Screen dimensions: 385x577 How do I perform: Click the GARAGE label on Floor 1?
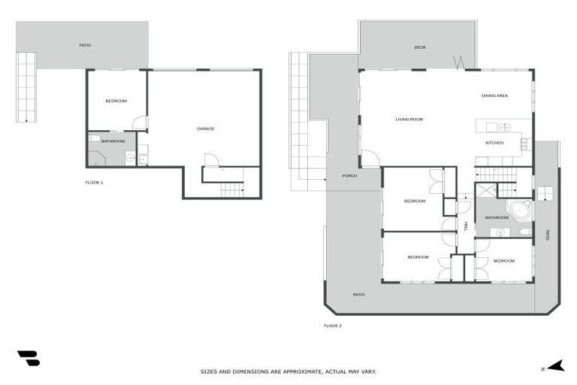click(205, 129)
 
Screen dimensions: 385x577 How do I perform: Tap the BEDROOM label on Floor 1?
click(116, 102)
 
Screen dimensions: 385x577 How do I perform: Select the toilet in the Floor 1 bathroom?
click(93, 138)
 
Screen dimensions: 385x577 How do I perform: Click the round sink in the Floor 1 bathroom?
click(129, 158)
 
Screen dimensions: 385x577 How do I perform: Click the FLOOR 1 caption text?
click(94, 183)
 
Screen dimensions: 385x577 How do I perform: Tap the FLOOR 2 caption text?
click(332, 326)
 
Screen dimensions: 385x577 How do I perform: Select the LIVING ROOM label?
click(409, 119)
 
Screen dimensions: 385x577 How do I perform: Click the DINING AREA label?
click(494, 95)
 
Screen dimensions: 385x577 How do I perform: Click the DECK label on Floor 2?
click(420, 47)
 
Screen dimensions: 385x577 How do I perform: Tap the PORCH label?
click(349, 176)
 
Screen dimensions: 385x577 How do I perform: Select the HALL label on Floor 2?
click(466, 226)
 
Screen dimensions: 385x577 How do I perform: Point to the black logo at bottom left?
click(28, 358)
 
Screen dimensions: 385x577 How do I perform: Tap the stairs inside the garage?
click(231, 189)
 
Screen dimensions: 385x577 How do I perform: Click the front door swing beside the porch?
click(370, 159)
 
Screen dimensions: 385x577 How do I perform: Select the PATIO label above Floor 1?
click(86, 45)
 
